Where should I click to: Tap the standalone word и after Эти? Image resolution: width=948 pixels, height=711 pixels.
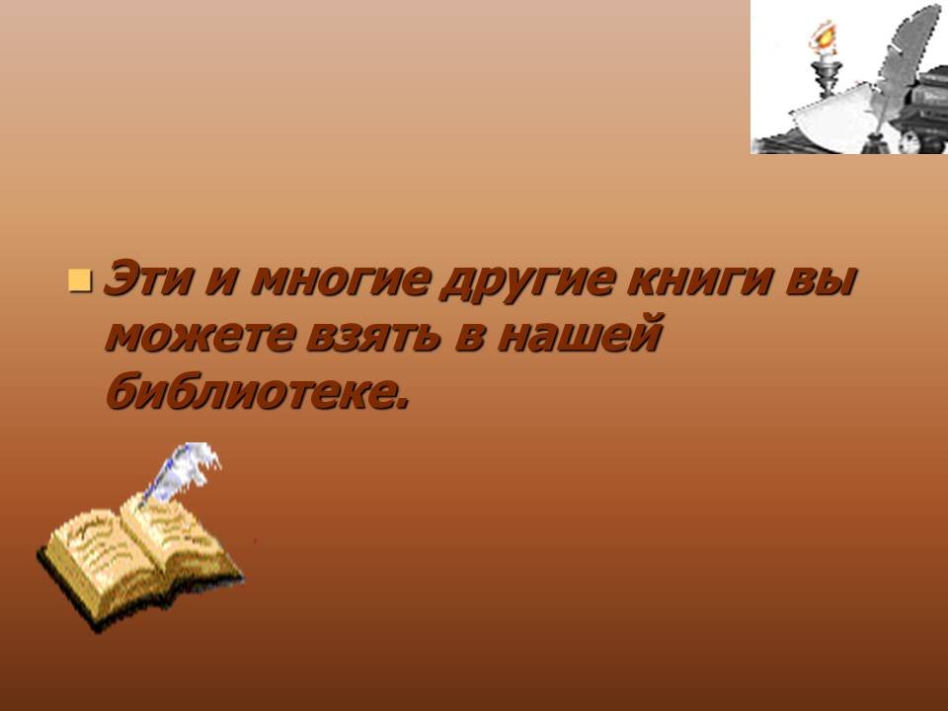coord(220,281)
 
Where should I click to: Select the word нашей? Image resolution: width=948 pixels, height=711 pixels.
coord(580,333)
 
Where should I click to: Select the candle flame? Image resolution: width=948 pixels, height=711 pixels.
coord(824,37)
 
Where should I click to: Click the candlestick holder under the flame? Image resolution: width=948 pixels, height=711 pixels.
coord(826,77)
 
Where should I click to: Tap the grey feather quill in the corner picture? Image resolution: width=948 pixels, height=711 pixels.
coord(901,66)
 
